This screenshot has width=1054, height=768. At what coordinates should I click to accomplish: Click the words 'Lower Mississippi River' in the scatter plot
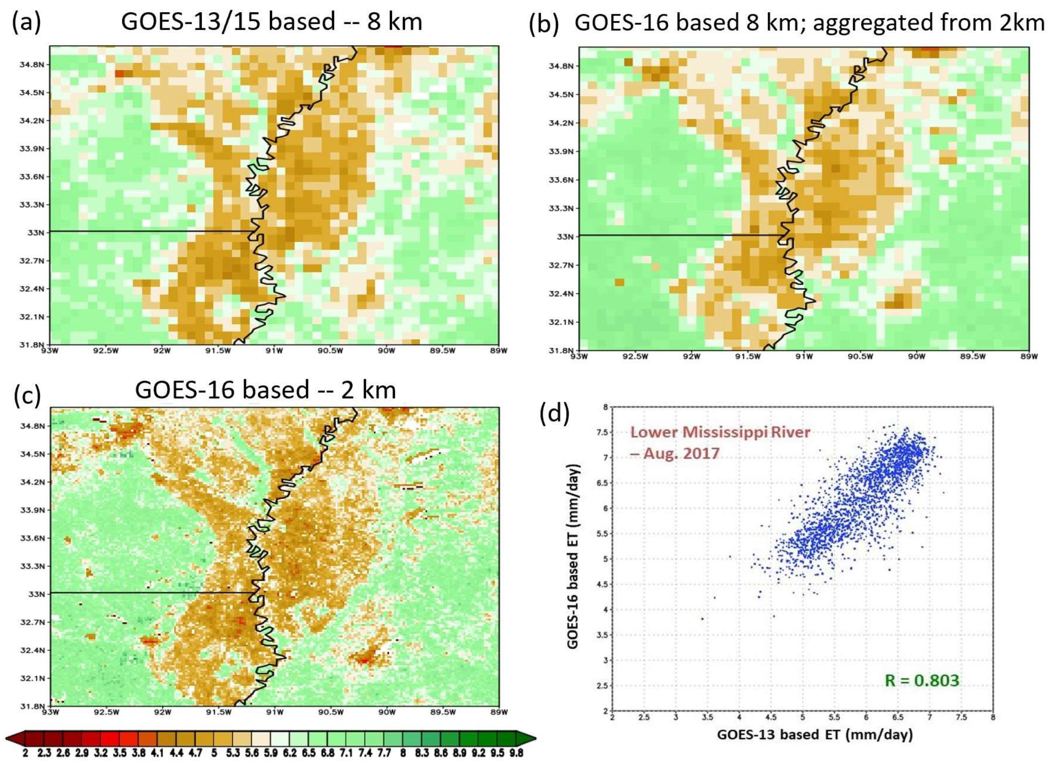point(720,432)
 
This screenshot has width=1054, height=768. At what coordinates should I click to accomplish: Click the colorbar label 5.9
point(270,753)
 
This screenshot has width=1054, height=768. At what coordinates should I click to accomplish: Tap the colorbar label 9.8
point(516,753)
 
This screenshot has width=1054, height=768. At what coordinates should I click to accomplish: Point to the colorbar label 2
point(25,753)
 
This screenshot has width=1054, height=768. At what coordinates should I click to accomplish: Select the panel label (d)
point(554,413)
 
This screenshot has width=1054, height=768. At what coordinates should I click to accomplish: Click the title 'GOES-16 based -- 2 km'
point(265,390)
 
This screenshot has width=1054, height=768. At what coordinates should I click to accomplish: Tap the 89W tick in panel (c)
point(499,712)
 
